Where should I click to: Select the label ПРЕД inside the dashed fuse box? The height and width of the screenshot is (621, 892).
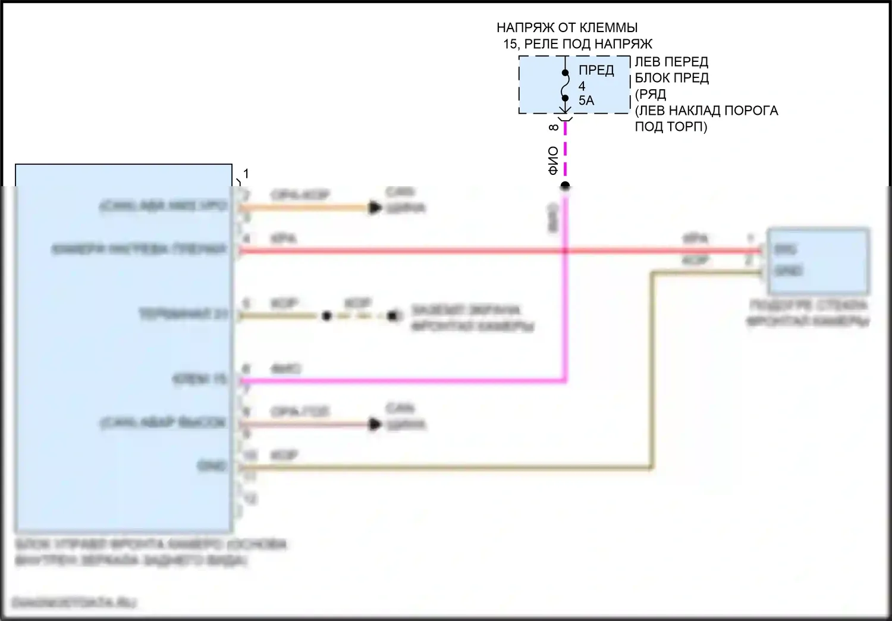(596, 70)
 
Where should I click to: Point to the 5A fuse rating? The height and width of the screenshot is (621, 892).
(586, 101)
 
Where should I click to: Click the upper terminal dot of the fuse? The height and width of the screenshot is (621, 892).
(565, 73)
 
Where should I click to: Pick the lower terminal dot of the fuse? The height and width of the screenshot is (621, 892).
(565, 99)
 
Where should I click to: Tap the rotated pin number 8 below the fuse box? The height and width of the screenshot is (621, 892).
(554, 127)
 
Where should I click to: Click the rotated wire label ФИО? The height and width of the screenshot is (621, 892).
(554, 161)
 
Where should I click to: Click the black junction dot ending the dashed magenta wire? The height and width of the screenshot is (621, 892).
(565, 186)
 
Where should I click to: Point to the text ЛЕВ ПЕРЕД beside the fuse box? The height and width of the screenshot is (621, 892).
(671, 62)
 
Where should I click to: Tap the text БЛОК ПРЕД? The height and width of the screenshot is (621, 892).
(671, 78)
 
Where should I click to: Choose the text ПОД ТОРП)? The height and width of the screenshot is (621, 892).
(671, 127)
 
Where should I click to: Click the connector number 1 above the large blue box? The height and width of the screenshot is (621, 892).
(246, 174)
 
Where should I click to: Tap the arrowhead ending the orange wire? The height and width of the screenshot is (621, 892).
(375, 208)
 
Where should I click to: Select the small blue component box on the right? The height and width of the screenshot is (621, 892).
(818, 261)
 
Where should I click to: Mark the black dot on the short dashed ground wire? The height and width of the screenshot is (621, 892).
(326, 316)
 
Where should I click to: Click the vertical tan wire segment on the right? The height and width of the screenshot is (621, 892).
(652, 369)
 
